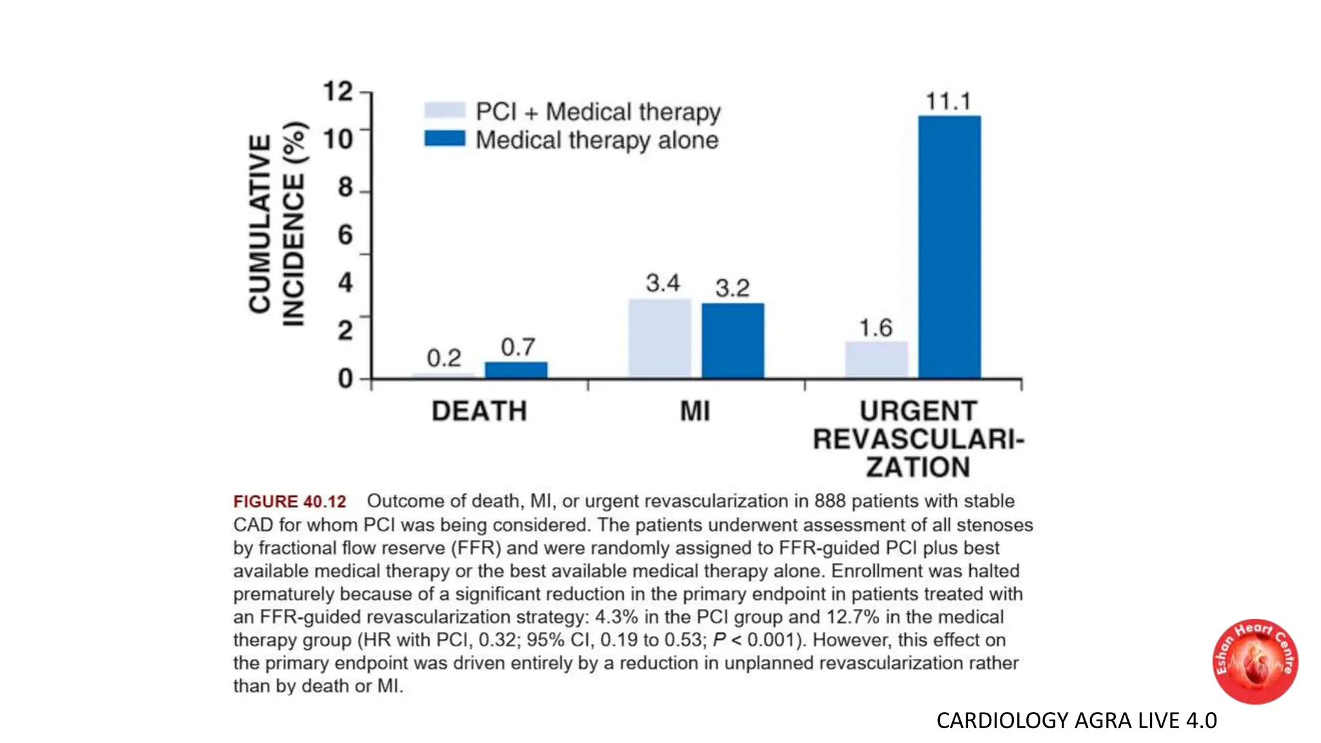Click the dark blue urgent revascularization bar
949,247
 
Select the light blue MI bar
659,338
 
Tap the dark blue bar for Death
516,370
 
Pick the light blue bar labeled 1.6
876,359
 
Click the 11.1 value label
948,101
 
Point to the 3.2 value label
733,288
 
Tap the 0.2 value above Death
444,358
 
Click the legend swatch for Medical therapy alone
444,139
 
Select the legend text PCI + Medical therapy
598,112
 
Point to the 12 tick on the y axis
338,91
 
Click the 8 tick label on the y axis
345,187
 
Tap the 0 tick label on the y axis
345,379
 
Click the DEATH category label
479,411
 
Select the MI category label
695,411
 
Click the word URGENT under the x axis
919,411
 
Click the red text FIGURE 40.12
290,501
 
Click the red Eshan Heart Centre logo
1255,662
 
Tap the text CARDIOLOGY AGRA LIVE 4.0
1076,720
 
